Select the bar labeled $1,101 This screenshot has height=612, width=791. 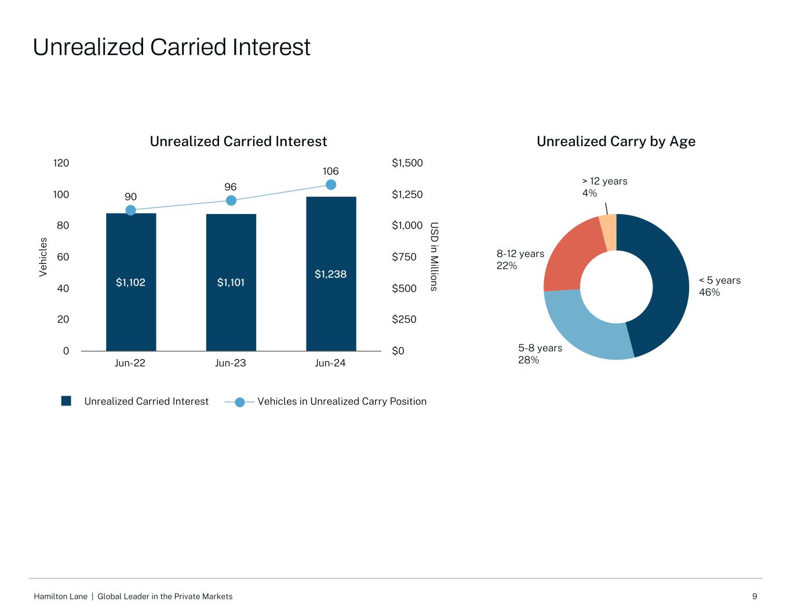coord(231,283)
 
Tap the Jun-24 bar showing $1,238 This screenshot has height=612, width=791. coord(331,274)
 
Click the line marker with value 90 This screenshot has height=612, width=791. coord(131,210)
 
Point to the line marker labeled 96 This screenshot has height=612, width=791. coord(231,200)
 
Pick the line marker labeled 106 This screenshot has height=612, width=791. coord(331,184)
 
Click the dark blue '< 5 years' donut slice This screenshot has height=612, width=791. coord(666,278)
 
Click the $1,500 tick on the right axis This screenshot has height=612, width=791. coord(407,163)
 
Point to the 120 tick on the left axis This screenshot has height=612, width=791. coord(61,163)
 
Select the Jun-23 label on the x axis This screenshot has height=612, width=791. coord(231,363)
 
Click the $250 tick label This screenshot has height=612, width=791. coord(404,320)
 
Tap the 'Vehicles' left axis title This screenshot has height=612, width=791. coord(43,257)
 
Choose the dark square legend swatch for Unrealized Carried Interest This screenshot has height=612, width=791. coord(66,401)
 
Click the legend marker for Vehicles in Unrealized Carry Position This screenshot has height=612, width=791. coord(239,401)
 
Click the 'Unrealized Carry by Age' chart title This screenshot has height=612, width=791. coord(616,142)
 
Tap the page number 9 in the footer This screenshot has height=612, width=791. coord(754,596)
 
